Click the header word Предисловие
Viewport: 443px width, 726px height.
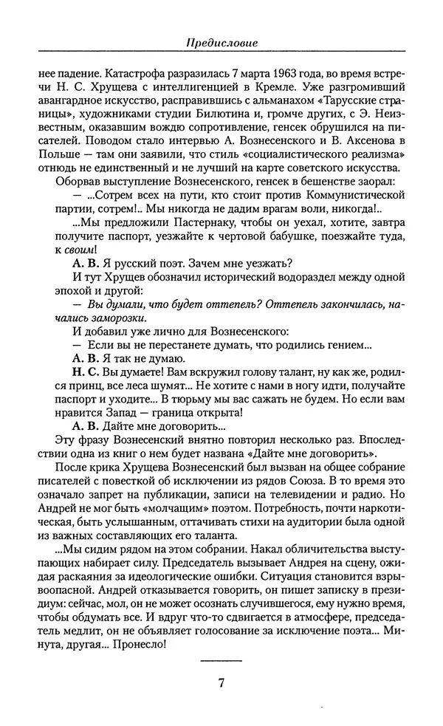tap(221, 44)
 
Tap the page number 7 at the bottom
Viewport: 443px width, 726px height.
tap(221, 683)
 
